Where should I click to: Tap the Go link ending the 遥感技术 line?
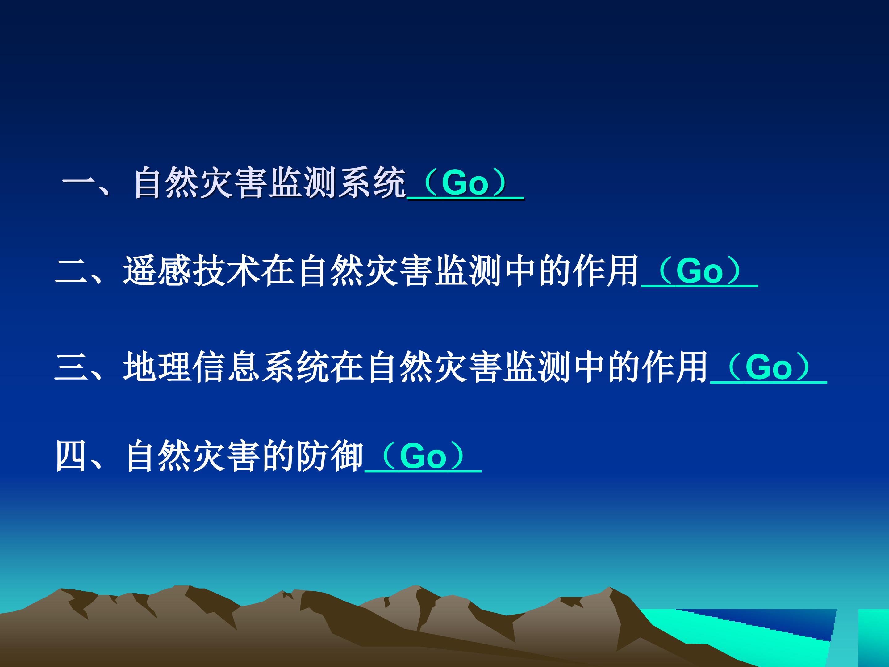pyautogui.click(x=699, y=271)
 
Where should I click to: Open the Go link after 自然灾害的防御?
pyautogui.click(x=423, y=457)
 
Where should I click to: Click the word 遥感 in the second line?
pyautogui.click(x=157, y=271)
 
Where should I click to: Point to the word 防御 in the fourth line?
pyautogui.click(x=330, y=457)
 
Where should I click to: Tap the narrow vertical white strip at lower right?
pyautogui.click(x=844, y=639)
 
